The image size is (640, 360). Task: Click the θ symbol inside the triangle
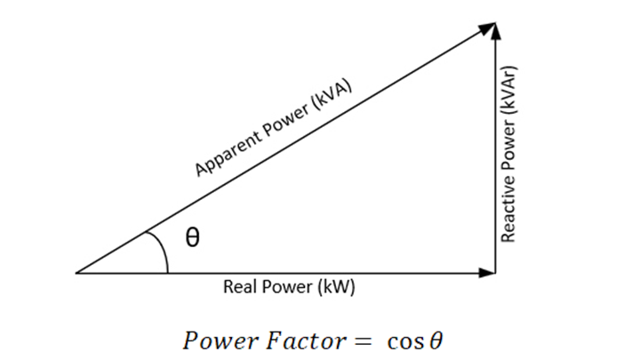[192, 238]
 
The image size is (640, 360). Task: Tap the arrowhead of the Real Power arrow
[489, 272]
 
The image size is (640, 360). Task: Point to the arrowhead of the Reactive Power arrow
[496, 28]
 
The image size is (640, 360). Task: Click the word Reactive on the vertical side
[509, 213]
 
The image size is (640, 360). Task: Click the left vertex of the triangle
[76, 272]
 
